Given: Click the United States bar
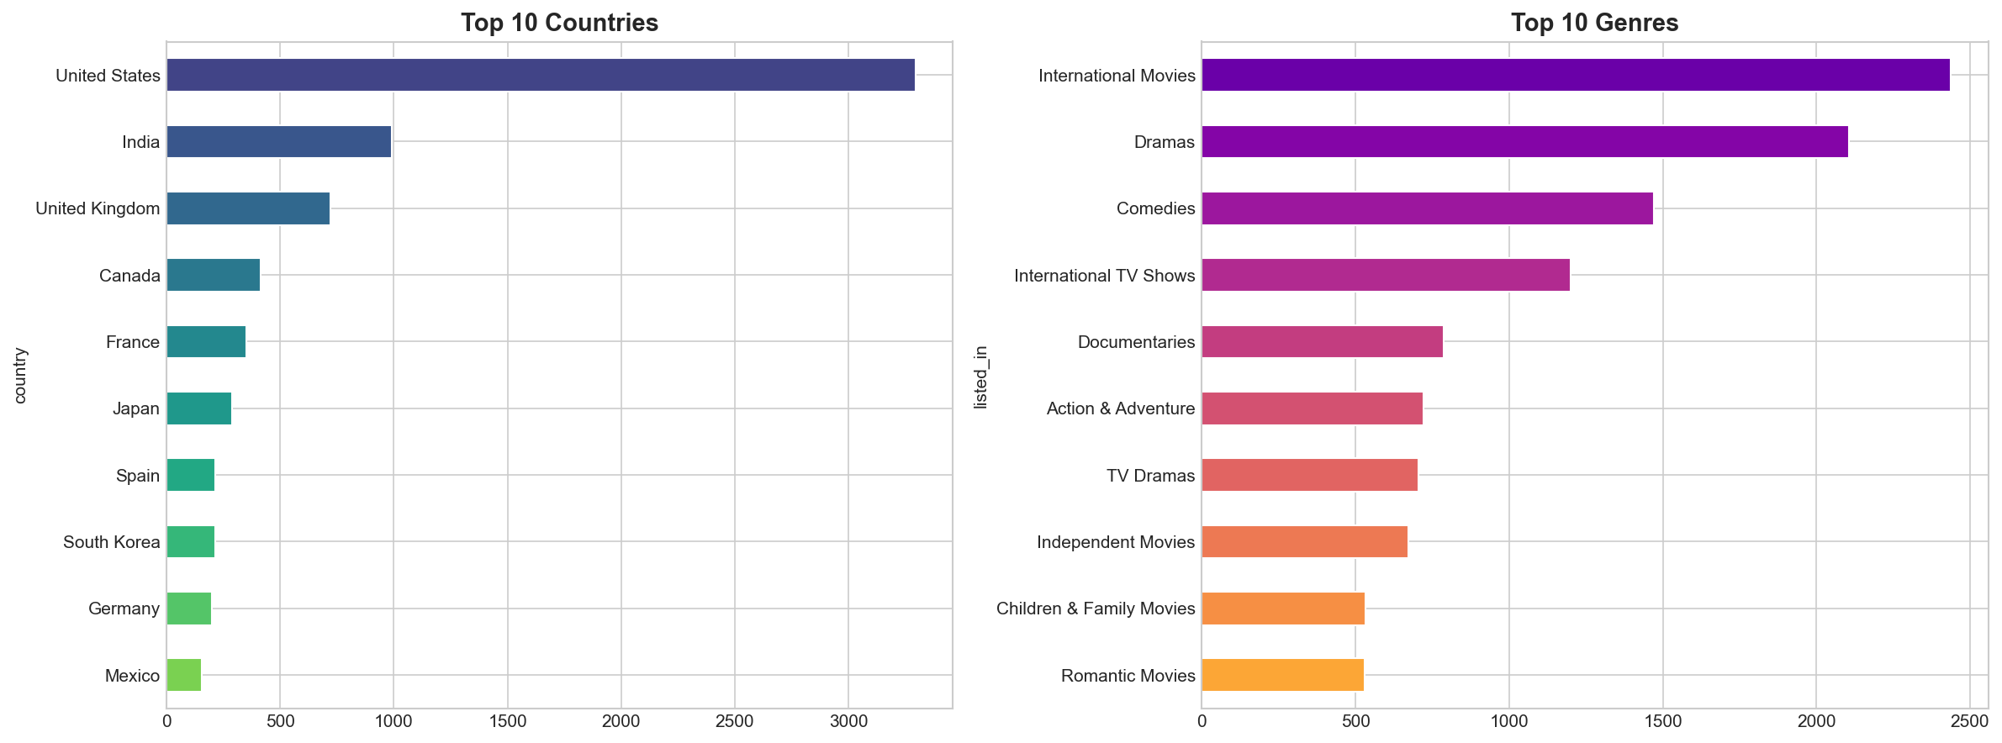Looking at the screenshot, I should (x=541, y=75).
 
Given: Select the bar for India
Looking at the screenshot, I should (x=279, y=142).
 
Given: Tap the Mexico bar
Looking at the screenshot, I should (x=184, y=675).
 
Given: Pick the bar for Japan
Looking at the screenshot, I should (x=199, y=408).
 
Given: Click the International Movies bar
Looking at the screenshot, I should (x=1575, y=75).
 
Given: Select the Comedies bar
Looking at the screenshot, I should (x=1427, y=208).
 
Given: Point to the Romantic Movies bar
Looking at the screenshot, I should (x=1282, y=675).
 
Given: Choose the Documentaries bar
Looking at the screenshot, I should (x=1322, y=341).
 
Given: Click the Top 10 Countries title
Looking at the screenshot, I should (x=559, y=23).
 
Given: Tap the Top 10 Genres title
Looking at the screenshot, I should (x=1594, y=23).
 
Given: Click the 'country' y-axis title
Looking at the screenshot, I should (x=21, y=375).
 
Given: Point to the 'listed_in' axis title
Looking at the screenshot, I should (x=980, y=377).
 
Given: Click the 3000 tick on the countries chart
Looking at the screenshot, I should (x=848, y=721).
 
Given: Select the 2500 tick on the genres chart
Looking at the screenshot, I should (x=1969, y=721).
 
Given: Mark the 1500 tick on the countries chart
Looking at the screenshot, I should (x=507, y=721).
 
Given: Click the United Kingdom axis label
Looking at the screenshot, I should (x=98, y=208).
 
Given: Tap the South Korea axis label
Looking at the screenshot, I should (x=111, y=542).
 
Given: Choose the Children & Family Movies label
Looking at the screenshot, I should (x=1095, y=609).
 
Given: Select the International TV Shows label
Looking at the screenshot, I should (x=1104, y=276).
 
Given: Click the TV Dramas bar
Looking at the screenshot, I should (x=1309, y=475).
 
